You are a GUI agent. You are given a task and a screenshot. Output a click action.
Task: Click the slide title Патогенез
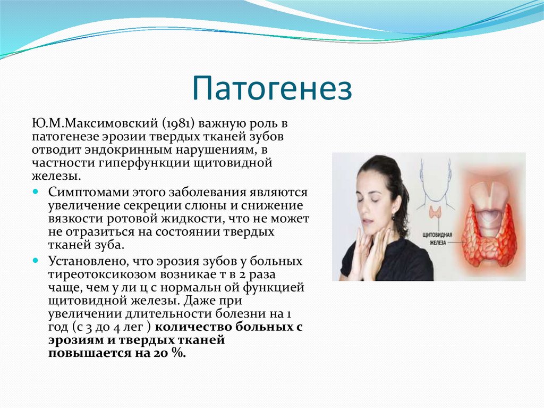[x=271, y=88]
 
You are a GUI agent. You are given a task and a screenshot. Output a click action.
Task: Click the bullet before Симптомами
[x=36, y=191]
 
